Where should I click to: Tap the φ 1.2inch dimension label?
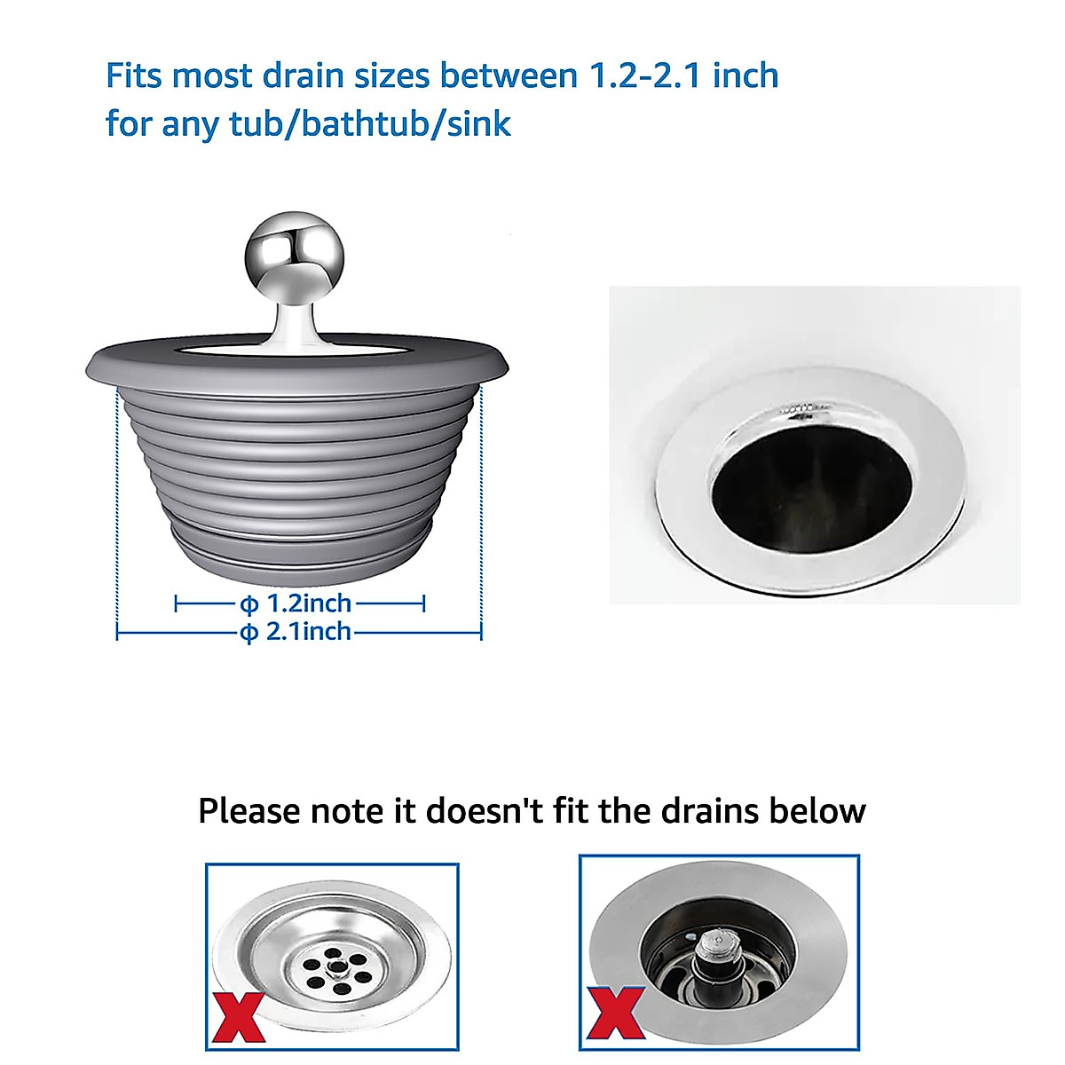(296, 603)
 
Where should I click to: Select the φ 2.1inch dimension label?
(296, 632)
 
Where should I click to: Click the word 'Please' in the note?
(249, 811)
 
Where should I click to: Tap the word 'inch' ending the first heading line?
(745, 76)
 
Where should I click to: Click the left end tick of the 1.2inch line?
(176, 603)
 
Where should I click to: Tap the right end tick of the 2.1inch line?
(480, 632)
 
